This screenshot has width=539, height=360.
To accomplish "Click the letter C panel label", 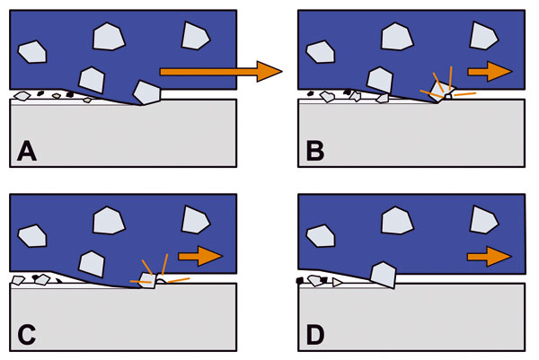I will (28, 333).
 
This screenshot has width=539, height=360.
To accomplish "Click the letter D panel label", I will (315, 333).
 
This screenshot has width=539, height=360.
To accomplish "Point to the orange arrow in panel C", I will (199, 257).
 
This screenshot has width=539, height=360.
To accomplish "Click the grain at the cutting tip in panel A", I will (146, 92).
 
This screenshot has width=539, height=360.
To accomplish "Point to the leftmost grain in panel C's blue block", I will (34, 236).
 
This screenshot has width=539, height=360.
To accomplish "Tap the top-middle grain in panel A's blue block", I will (109, 36).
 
